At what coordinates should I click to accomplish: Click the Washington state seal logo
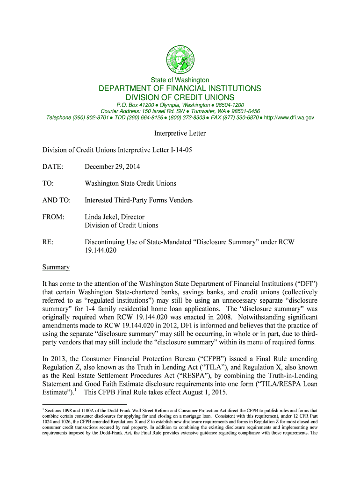click(x=180, y=59)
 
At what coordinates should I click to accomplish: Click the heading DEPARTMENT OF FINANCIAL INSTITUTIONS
click(x=180, y=88)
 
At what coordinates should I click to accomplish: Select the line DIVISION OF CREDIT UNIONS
click(x=180, y=97)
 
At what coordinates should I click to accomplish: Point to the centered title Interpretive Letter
click(x=180, y=134)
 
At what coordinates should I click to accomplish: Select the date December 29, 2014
click(x=112, y=167)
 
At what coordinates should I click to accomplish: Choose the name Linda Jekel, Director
click(x=115, y=217)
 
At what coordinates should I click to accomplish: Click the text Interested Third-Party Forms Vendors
click(x=138, y=200)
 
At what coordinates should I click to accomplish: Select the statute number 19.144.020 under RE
click(x=100, y=250)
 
